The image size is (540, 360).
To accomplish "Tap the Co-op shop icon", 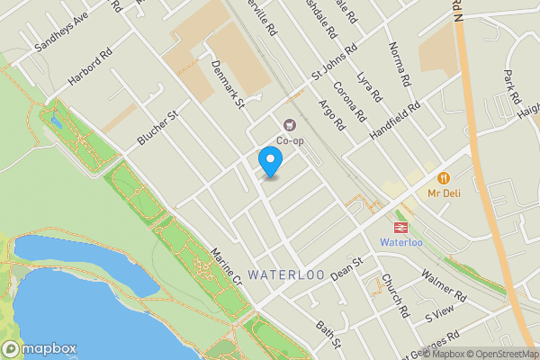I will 289,125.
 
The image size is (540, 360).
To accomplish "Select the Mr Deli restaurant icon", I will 443,178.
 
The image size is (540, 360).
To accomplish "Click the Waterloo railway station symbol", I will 400,227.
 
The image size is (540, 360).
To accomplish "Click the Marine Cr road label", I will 226,267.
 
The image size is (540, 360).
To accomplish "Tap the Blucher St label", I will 158,128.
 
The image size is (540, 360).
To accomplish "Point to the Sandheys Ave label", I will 61,34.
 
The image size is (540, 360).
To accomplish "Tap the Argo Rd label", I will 333,115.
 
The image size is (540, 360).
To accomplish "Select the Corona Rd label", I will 348,102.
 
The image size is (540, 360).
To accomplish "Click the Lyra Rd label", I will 370,90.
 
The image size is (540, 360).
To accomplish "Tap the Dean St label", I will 345,267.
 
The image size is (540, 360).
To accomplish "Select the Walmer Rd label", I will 445,287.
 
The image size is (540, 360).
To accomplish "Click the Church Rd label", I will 395,296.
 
